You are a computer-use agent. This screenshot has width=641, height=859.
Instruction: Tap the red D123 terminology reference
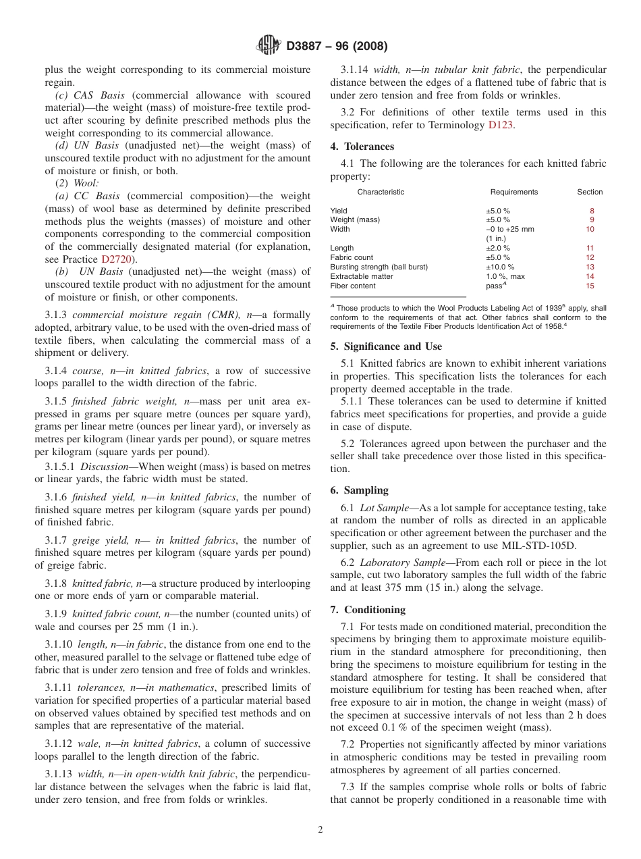(x=501, y=125)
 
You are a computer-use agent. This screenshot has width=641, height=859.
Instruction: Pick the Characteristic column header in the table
(x=381, y=192)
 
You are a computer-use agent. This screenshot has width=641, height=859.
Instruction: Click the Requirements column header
(x=513, y=192)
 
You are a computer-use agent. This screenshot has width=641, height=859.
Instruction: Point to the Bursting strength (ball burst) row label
(x=379, y=267)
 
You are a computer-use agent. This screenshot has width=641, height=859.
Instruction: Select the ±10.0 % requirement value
(x=500, y=267)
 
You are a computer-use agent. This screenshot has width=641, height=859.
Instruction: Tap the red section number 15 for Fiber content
(x=590, y=286)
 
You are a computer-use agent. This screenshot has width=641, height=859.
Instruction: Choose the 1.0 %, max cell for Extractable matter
(x=505, y=276)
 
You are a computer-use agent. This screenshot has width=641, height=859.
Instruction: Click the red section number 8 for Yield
(x=592, y=211)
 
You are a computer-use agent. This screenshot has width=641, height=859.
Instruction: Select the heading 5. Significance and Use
(x=386, y=346)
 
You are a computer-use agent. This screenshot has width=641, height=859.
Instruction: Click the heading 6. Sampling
(x=359, y=490)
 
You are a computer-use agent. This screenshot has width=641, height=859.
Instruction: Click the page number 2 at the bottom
(x=320, y=830)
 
